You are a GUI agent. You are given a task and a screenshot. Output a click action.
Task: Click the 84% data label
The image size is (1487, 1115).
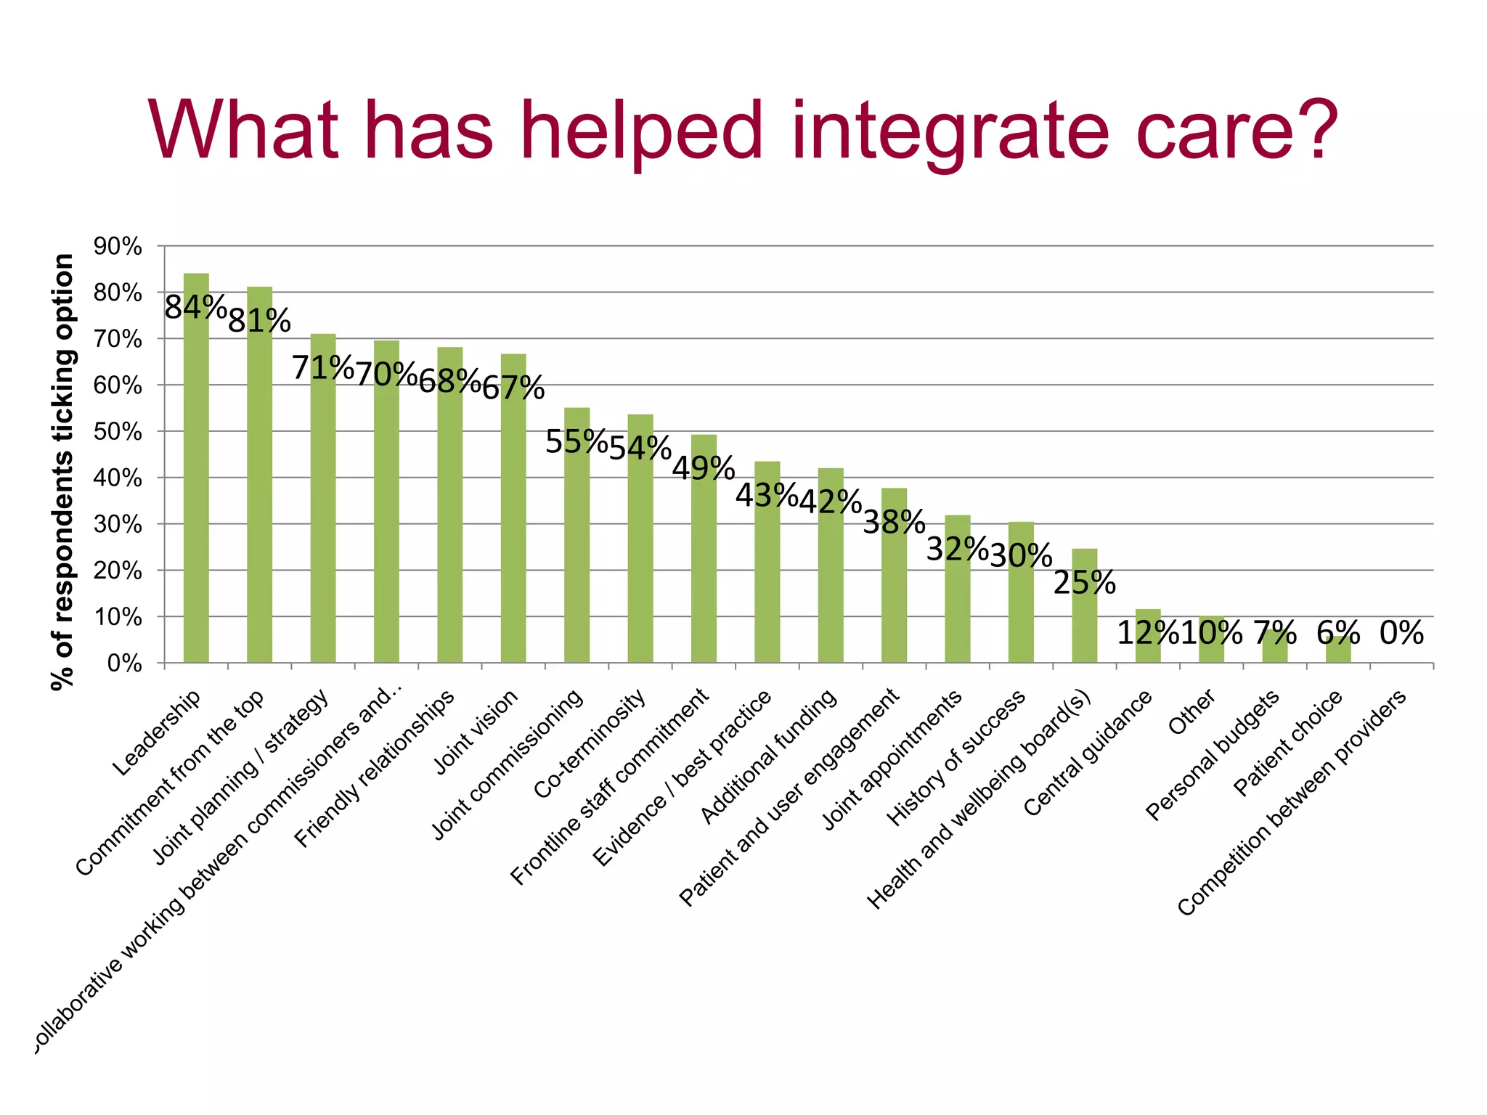point(195,307)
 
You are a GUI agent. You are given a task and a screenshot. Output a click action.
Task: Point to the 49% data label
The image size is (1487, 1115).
point(703,468)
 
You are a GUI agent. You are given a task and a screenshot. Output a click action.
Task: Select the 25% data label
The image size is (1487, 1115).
point(1084,582)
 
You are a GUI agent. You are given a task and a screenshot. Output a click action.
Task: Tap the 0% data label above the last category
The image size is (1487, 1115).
point(1401,633)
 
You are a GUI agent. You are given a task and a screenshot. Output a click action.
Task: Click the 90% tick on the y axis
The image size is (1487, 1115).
point(118,246)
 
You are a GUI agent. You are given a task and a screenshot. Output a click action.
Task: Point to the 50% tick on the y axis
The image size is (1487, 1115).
point(118,432)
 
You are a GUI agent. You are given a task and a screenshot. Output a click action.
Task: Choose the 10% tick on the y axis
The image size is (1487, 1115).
point(118,617)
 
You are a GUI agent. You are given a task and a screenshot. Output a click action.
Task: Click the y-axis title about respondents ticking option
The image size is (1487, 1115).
point(64,472)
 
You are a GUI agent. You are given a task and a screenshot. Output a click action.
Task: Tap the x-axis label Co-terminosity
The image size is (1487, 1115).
point(590,744)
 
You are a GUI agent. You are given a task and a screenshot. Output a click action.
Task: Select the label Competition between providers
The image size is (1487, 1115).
point(1292,803)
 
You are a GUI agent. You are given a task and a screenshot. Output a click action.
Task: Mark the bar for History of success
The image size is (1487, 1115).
point(1021,592)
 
